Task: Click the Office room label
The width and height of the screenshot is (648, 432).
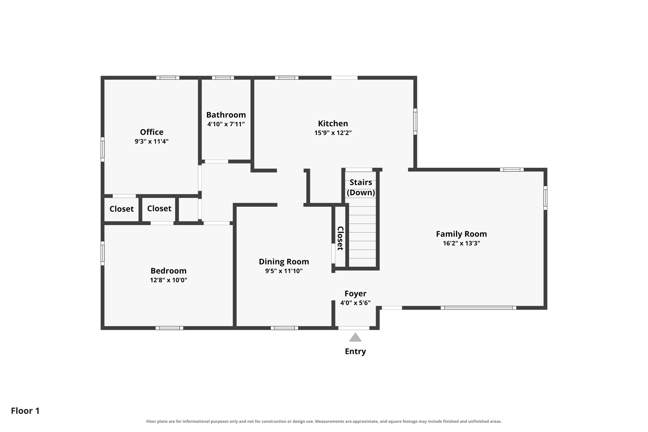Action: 152,132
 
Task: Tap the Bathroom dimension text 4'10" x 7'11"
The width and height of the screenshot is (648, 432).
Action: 226,124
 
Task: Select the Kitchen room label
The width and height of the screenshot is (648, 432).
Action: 333,123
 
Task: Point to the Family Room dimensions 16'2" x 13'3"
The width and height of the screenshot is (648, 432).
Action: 461,243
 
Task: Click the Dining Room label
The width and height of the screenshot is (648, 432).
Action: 284,262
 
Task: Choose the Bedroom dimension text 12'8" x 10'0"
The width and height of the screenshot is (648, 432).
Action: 169,280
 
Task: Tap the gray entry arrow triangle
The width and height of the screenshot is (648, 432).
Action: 355,337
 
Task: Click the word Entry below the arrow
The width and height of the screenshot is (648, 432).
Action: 355,351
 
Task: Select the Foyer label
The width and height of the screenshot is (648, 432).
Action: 355,294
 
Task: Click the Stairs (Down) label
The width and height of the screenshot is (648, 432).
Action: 361,187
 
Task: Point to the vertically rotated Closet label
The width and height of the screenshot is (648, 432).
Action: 340,238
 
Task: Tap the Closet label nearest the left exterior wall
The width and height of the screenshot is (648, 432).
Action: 121,209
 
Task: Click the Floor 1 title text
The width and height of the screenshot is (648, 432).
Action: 25,411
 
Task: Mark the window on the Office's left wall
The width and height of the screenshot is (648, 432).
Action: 103,149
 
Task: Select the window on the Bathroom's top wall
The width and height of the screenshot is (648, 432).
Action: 223,78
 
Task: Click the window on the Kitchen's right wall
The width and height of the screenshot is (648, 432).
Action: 415,122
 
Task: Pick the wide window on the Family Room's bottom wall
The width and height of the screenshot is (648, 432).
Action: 478,308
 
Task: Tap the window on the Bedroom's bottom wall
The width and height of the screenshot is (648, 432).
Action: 169,328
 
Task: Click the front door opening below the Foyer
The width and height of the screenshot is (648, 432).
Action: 354,328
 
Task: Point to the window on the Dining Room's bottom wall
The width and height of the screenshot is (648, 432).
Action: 284,328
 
